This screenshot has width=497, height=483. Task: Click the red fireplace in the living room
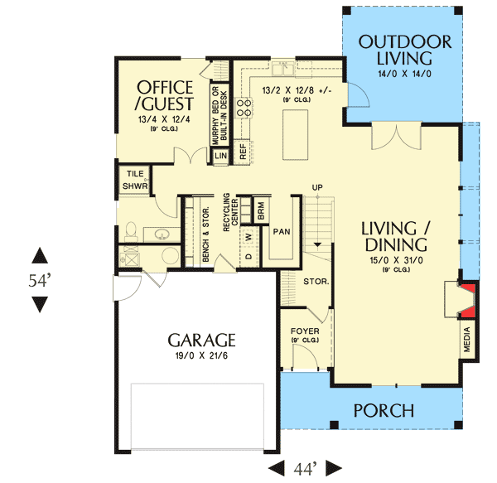(x=467, y=300)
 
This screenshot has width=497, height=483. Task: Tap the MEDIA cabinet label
(x=467, y=340)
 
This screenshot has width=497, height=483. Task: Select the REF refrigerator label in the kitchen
(x=243, y=152)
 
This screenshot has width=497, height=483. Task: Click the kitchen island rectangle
(x=295, y=135)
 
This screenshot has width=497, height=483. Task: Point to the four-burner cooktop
(x=243, y=108)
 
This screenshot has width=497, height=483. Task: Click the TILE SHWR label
(x=135, y=180)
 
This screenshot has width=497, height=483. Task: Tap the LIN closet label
(x=220, y=156)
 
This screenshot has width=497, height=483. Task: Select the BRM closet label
(x=261, y=211)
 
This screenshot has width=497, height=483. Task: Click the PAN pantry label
(x=282, y=232)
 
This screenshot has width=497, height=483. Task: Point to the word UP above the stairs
(x=317, y=187)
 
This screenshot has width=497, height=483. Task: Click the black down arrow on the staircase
(x=317, y=244)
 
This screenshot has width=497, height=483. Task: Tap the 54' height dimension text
(x=40, y=280)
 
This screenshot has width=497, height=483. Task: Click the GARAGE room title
(x=201, y=340)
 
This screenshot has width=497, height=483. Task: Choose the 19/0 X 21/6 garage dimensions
(x=201, y=355)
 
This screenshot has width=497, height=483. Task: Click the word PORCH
(x=384, y=410)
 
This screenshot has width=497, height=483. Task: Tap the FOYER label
(x=305, y=331)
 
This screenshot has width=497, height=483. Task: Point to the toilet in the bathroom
(x=131, y=232)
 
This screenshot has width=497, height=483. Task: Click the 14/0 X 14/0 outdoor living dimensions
(x=404, y=74)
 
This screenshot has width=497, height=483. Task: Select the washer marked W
(x=248, y=237)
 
